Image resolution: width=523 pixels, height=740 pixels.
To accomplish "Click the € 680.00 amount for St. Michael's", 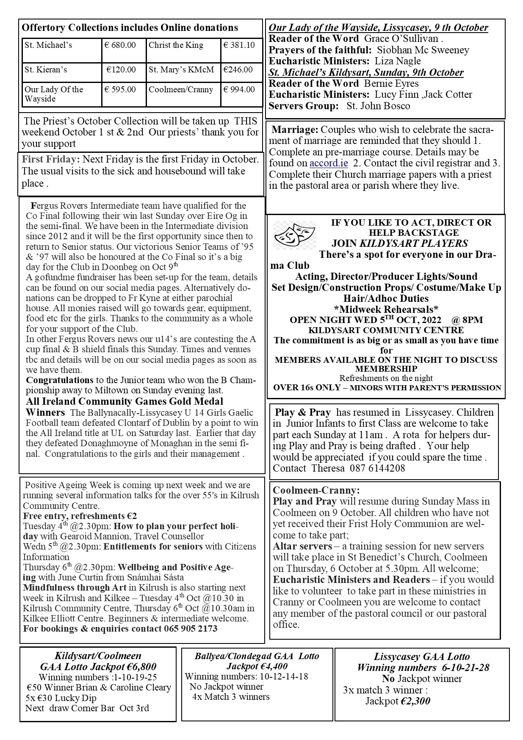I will pos(120,45).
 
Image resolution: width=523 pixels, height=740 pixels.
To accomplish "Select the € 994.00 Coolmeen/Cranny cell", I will pos(239,89).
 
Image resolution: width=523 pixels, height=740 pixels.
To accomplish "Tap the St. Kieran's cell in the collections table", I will pos(46,69).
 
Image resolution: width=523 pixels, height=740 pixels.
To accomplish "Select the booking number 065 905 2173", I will pos(191,628).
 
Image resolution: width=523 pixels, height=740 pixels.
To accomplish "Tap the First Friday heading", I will pos(51,160).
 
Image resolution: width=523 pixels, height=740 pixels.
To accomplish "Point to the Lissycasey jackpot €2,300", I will pos(415,701).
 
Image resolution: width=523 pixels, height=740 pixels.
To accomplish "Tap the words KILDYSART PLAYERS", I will pos(414,243).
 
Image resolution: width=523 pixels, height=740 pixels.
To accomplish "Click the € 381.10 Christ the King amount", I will pos(239,45).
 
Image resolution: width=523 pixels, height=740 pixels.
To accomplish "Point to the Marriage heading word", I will pos(295,130).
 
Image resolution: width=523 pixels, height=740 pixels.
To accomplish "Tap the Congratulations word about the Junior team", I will pos(60,380).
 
